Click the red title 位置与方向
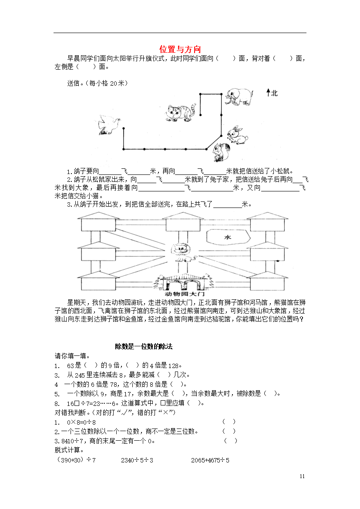[180, 49]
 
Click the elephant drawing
[239, 97]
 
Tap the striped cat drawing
[181, 113]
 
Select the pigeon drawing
[109, 124]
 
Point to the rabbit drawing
[238, 135]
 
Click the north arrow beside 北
[269, 93]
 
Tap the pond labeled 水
[228, 237]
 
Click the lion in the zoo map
[183, 253]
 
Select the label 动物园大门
[185, 294]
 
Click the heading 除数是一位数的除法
[144, 347]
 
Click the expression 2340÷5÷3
[137, 460]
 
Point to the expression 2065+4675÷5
[210, 460]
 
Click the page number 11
[302, 476]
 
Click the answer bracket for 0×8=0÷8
[229, 422]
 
